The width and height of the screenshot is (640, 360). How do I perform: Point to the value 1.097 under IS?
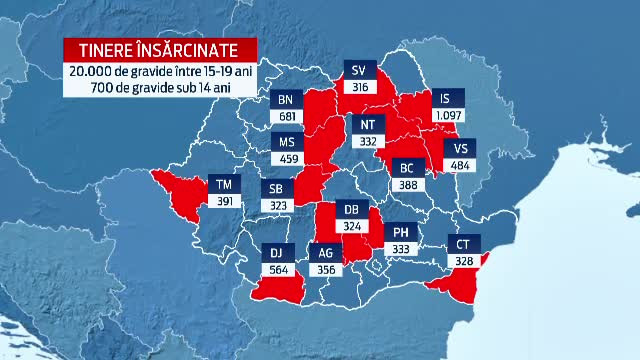click(x=447, y=115)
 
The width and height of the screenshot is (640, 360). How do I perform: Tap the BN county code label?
click(x=286, y=99)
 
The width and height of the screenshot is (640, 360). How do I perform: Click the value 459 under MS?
click(x=286, y=157)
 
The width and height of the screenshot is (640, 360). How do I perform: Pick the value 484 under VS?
click(x=462, y=164)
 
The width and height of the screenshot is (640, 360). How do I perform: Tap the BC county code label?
click(x=406, y=167)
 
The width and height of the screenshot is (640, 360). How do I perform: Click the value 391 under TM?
click(x=224, y=200)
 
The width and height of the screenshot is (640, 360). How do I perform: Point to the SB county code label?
click(x=276, y=189)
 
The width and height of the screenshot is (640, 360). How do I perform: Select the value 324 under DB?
click(x=352, y=226)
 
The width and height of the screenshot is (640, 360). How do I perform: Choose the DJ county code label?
click(x=276, y=252)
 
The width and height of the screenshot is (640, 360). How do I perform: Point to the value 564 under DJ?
click(x=276, y=268)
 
